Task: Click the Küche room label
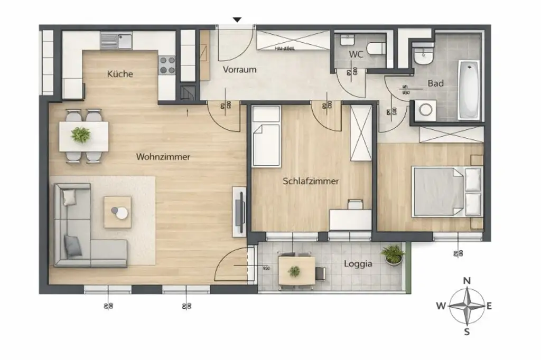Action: click(x=120, y=74)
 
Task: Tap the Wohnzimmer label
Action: click(x=163, y=157)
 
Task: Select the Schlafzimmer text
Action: click(x=311, y=181)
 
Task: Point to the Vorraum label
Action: click(x=239, y=70)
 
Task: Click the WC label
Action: click(x=355, y=54)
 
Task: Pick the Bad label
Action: click(x=435, y=83)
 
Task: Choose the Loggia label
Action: click(x=358, y=264)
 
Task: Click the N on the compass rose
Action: click(x=467, y=281)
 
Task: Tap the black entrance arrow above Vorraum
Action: click(x=237, y=20)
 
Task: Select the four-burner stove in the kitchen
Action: click(x=167, y=65)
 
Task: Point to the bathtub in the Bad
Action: click(x=468, y=90)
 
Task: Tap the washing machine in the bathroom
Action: click(x=425, y=110)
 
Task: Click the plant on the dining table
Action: click(x=81, y=135)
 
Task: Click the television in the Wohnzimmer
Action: click(x=239, y=211)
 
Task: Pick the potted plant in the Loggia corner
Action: click(x=393, y=254)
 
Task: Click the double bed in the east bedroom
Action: click(x=447, y=192)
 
